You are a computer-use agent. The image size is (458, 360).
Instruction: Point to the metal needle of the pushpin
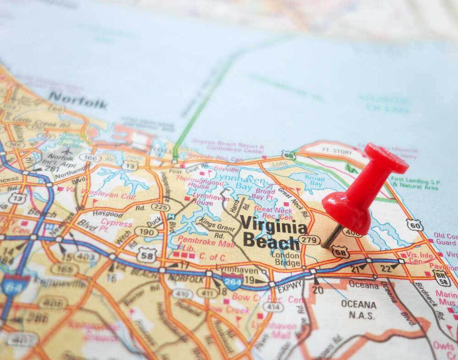click(x=332, y=236)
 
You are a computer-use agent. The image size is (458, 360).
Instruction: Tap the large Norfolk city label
click(x=77, y=100)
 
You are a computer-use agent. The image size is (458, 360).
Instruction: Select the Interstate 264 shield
click(x=233, y=281)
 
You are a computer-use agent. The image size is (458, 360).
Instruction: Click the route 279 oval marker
click(x=309, y=240)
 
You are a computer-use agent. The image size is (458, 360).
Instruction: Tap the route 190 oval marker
click(x=146, y=232)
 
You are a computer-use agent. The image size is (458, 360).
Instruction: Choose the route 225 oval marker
click(x=160, y=207)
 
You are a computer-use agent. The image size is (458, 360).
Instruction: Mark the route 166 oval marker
click(x=90, y=158)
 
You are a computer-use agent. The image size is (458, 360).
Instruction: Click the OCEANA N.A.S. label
click(x=359, y=309)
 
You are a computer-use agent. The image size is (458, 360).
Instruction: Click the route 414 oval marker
click(x=273, y=307)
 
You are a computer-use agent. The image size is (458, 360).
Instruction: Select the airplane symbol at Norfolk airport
click(x=67, y=151)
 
